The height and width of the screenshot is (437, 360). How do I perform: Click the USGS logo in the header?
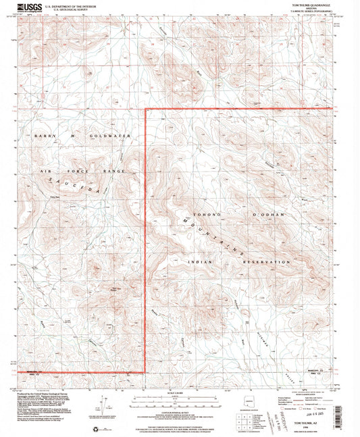pyautogui.click(x=31, y=8)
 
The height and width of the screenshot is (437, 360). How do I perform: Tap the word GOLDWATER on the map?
pyautogui.click(x=118, y=136)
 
